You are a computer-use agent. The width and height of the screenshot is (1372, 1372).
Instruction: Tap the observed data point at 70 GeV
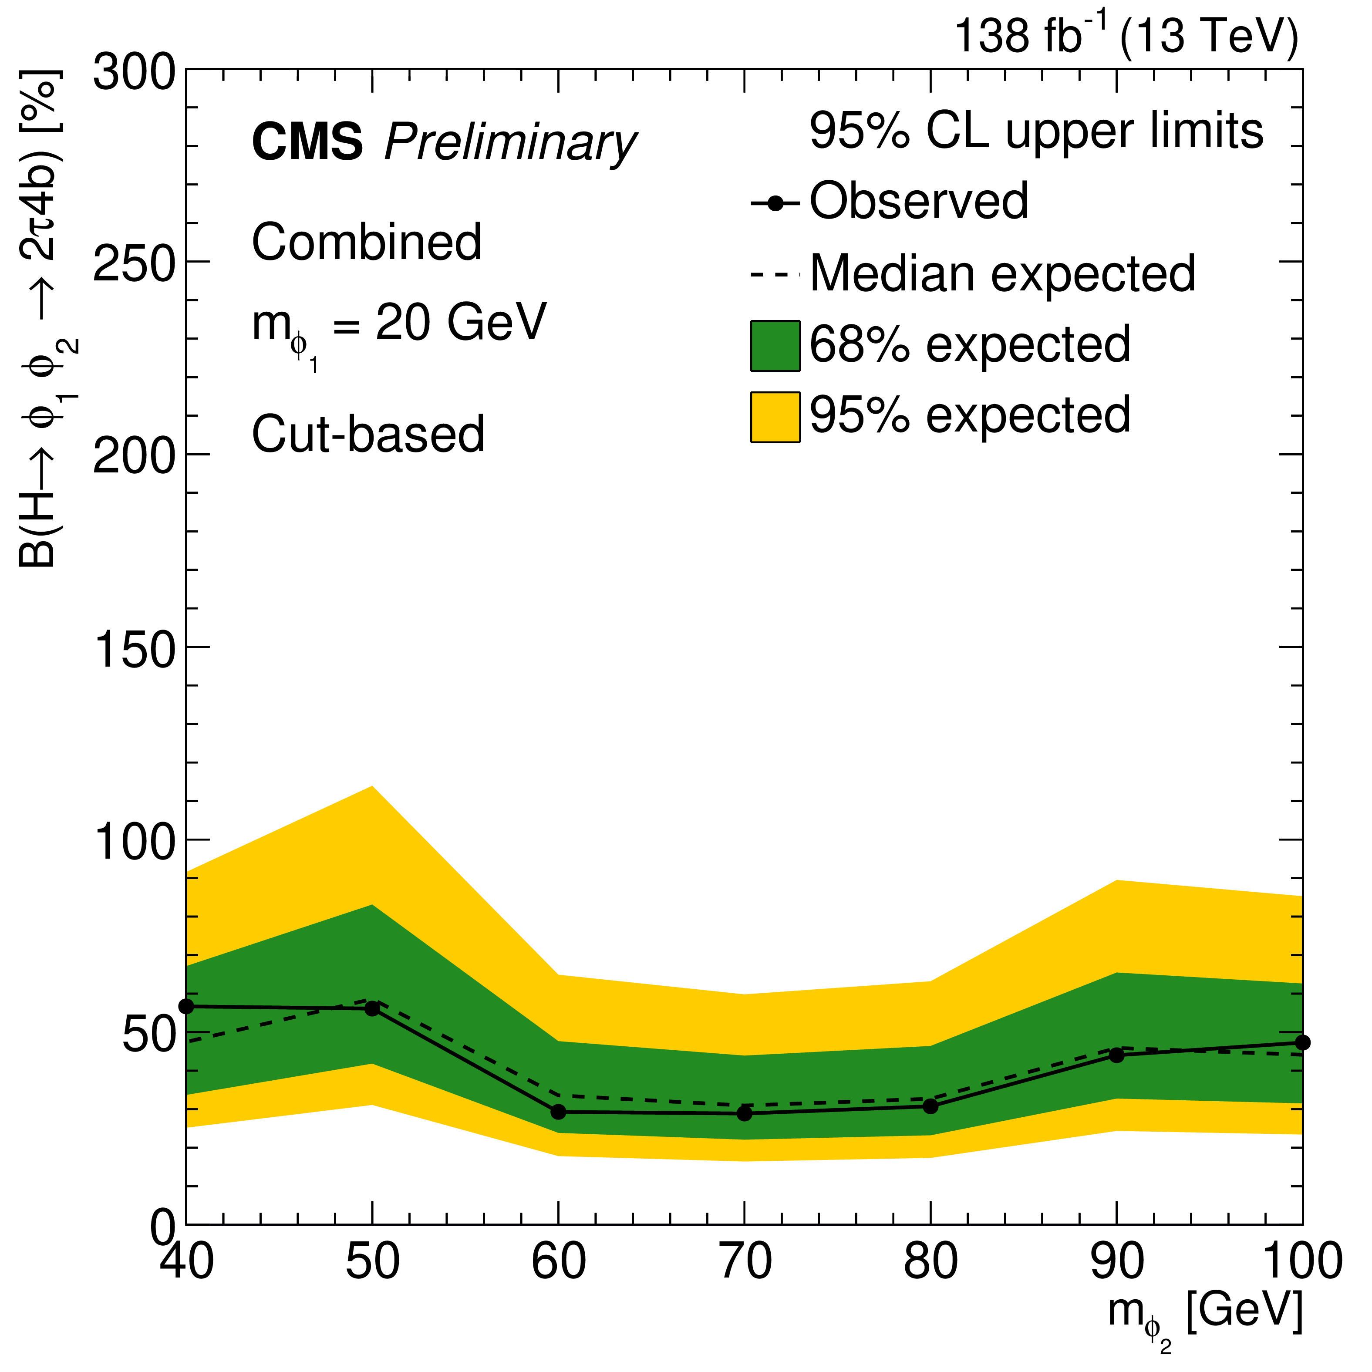pos(744,1113)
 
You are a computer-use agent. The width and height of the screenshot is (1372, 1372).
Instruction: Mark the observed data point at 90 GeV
pos(1116,1055)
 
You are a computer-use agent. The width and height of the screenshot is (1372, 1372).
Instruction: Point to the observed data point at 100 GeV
pos(1302,1042)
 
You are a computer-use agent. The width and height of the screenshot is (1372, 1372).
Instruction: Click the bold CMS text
pos(307,142)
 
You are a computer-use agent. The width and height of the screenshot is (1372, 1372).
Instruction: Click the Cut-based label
pos(368,434)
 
